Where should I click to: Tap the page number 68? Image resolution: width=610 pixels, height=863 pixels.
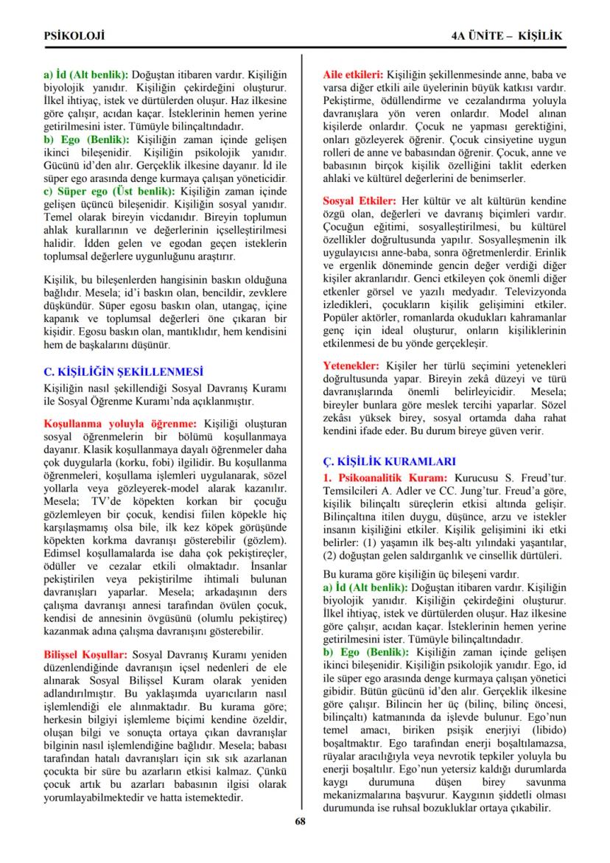300,822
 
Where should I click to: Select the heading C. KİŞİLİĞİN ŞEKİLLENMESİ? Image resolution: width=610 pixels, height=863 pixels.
123,371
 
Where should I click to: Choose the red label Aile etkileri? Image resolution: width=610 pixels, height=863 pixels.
353,75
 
